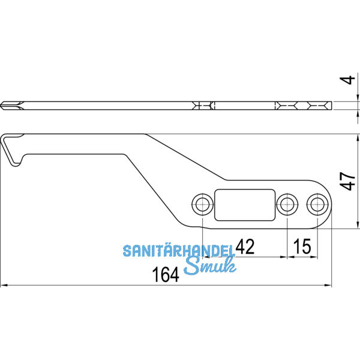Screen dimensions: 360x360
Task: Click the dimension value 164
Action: (167, 275)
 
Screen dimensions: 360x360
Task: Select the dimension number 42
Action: (245, 246)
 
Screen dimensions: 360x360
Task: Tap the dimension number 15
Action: (302, 246)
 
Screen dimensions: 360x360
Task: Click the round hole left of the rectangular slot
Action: (200, 204)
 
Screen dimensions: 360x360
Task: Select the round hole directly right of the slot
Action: (287, 204)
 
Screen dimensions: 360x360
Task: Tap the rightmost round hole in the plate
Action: (316, 204)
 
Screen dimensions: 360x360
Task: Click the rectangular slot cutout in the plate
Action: (244, 204)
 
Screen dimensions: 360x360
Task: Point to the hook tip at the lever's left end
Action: (16, 163)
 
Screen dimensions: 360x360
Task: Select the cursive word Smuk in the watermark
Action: (209, 267)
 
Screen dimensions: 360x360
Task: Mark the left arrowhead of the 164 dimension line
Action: (4, 285)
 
